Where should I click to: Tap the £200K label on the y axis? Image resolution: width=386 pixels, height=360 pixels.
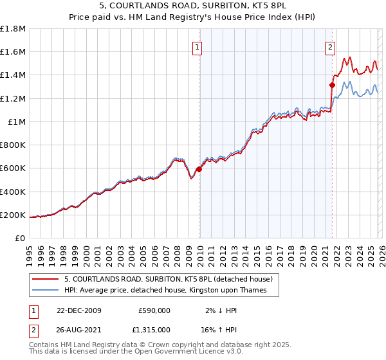[13, 215]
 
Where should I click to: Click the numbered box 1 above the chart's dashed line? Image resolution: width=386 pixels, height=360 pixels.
[196, 47]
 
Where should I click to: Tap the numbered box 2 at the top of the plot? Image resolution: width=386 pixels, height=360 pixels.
[330, 47]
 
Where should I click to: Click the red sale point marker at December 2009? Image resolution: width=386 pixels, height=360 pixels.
[199, 170]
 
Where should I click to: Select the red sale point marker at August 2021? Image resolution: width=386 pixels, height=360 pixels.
[333, 85]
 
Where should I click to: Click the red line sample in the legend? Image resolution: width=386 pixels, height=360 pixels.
[46, 279]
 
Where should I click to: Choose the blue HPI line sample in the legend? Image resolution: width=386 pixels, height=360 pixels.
[46, 291]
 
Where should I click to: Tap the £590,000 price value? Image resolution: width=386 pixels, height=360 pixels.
[154, 310]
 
